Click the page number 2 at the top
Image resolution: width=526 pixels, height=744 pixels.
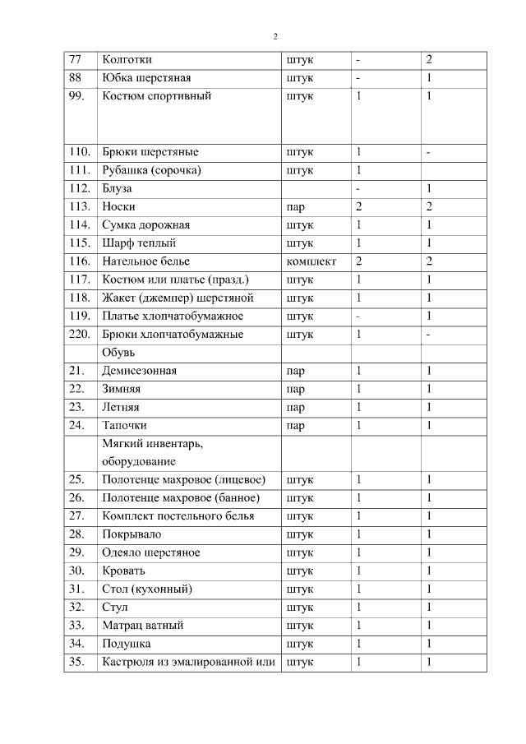click(275, 36)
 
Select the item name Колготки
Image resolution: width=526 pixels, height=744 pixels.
click(127, 60)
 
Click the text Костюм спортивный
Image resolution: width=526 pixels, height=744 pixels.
click(157, 96)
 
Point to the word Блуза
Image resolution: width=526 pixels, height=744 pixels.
click(117, 189)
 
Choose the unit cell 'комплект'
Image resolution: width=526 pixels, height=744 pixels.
click(311, 261)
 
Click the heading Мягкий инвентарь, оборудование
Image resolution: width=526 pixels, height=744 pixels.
click(152, 452)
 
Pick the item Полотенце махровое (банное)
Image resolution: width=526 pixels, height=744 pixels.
click(181, 498)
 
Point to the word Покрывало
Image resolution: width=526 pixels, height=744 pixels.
click(131, 534)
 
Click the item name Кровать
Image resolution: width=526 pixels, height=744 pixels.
click(124, 571)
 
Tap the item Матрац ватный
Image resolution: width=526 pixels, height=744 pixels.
click(142, 625)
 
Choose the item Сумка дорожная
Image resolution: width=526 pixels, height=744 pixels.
click(145, 225)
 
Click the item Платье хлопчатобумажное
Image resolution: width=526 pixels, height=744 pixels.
click(173, 317)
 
